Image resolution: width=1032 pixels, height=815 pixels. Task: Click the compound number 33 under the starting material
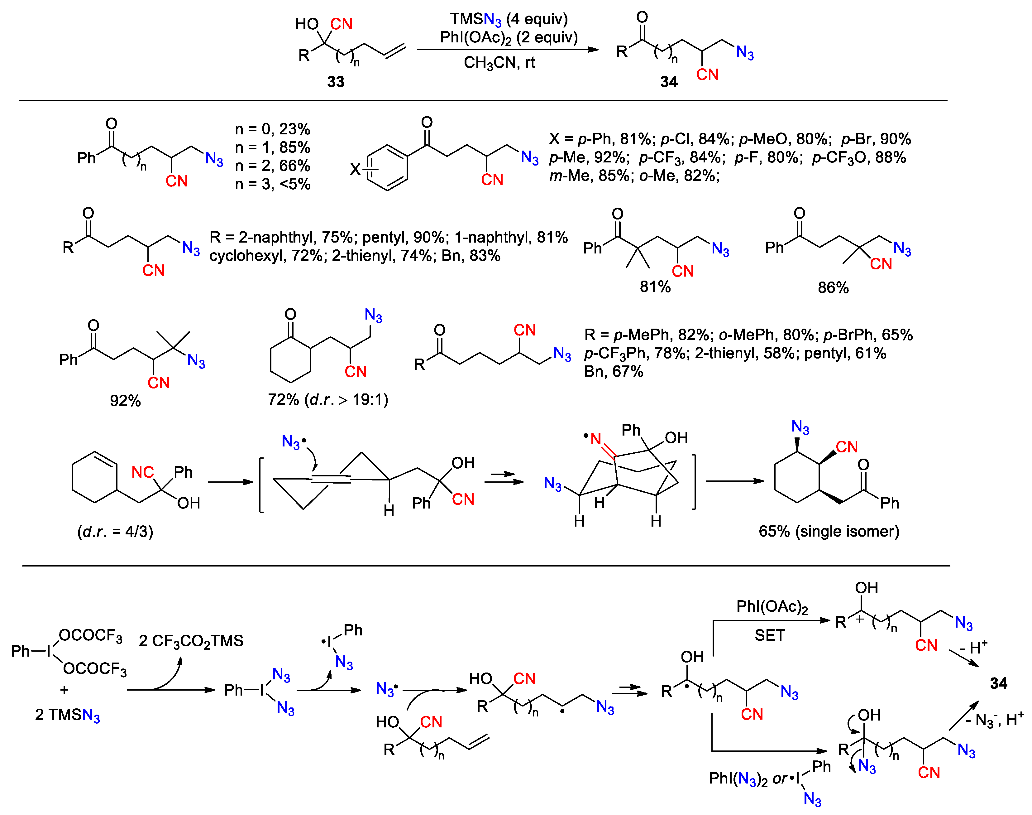335,82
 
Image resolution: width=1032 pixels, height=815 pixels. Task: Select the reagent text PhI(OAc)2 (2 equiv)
509,37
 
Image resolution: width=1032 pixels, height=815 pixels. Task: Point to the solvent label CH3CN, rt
499,62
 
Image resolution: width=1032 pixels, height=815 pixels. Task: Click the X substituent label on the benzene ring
355,169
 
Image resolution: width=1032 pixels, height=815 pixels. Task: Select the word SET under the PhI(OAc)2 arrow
769,635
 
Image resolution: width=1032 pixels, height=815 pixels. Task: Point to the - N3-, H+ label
994,720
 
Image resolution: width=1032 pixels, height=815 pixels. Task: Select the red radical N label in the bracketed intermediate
595,439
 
